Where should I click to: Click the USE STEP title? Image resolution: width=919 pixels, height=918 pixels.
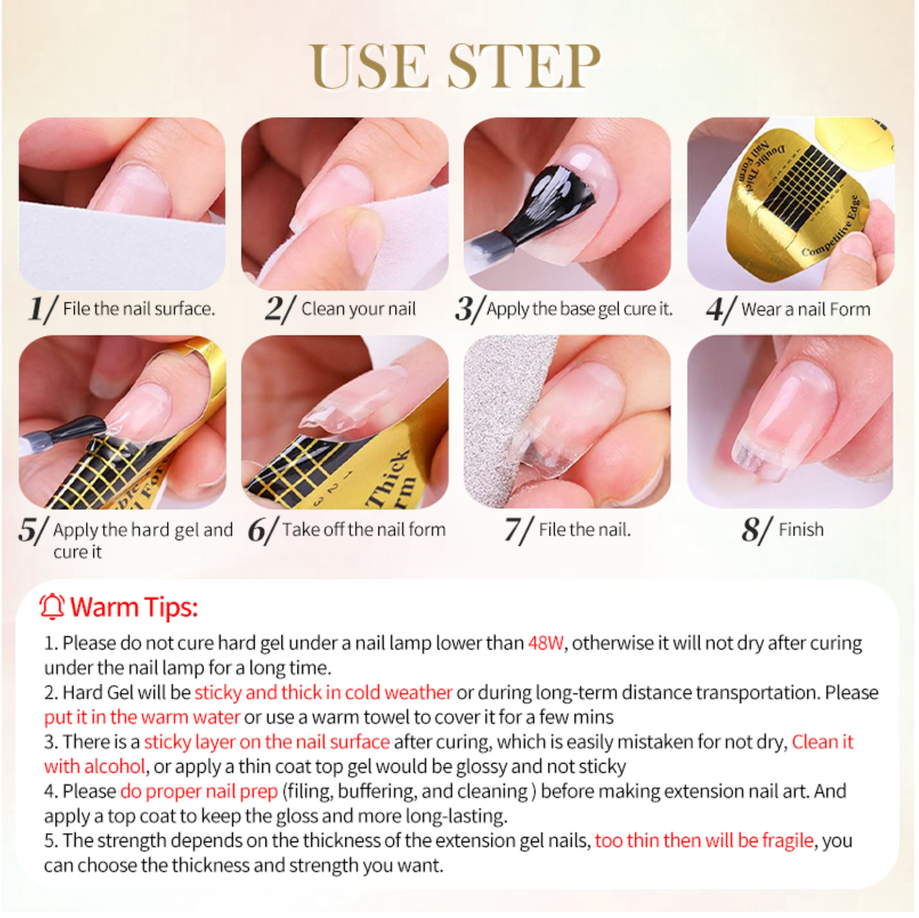click(455, 67)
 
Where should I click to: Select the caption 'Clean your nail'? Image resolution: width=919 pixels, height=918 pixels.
click(358, 309)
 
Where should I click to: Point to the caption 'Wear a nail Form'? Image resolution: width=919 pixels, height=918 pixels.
click(805, 310)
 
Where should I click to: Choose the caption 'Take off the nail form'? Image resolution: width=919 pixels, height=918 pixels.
click(364, 529)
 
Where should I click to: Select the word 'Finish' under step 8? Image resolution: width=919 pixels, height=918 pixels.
click(801, 529)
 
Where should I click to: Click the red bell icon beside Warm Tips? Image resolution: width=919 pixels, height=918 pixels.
click(52, 606)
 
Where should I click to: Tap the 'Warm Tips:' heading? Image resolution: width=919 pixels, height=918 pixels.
click(134, 607)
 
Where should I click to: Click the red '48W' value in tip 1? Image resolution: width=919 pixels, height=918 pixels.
click(546, 643)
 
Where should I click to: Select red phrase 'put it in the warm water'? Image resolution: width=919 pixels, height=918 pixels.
click(142, 717)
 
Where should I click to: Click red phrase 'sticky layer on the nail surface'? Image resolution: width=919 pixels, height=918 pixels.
click(266, 742)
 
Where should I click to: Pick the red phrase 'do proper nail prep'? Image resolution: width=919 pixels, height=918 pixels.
click(199, 791)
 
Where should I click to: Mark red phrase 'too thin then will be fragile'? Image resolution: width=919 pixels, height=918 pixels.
click(704, 840)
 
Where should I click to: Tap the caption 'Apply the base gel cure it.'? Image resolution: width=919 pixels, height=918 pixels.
click(579, 309)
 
